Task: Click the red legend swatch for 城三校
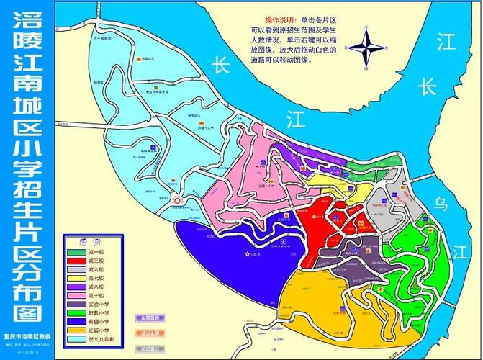pyautogui.click(x=76, y=261)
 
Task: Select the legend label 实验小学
pyautogui.click(x=99, y=304)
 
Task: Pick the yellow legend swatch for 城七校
pyautogui.click(x=76, y=278)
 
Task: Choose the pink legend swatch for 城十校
pyautogui.click(x=76, y=295)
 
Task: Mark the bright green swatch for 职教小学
pyautogui.click(x=76, y=312)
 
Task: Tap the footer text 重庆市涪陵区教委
pyautogui.click(x=27, y=335)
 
